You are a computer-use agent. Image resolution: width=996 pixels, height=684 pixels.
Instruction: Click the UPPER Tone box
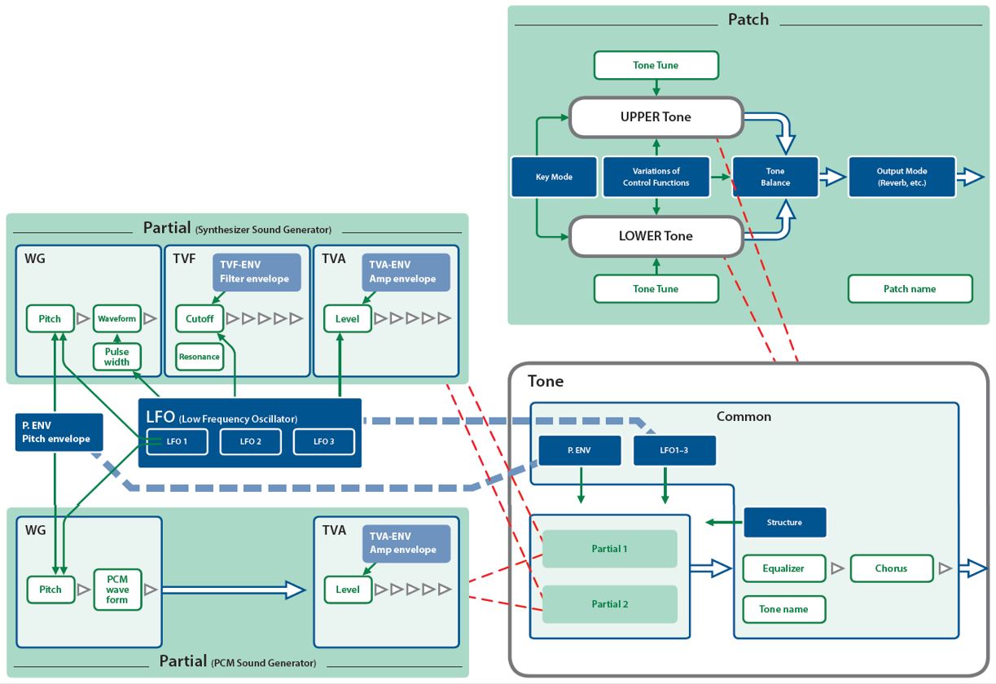pos(656,116)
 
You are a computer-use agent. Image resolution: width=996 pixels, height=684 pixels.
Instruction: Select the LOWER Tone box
pos(656,236)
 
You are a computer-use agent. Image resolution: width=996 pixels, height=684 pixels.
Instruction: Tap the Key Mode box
pos(554,177)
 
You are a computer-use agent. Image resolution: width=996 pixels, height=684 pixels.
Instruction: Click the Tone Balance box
pos(775,177)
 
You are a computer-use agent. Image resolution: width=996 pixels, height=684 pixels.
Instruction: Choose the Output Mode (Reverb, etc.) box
pos(902,177)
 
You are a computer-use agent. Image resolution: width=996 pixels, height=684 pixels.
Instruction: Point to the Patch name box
pos(910,288)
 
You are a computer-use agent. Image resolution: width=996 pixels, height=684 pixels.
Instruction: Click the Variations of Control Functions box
pos(656,177)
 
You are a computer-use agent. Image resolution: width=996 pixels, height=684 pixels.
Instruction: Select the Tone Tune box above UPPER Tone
pos(656,65)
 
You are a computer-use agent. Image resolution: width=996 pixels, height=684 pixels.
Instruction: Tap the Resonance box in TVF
pos(200,357)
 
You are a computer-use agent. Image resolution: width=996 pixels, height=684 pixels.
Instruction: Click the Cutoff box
pos(200,318)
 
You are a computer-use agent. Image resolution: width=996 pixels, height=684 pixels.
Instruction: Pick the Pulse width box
pos(116,357)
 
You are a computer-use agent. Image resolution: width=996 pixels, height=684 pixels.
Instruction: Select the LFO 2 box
pos(251,441)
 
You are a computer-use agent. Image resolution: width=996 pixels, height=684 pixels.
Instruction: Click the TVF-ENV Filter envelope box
pos(254,272)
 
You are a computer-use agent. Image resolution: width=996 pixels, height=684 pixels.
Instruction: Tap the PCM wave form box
pos(116,589)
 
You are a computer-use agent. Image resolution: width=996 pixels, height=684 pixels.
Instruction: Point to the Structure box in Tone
pos(784,522)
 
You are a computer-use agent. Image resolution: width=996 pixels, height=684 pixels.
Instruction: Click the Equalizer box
pos(783,568)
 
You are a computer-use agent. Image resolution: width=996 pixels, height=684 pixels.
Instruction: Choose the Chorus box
pos(891,568)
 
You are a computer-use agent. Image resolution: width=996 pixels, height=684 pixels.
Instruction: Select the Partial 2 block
pos(609,604)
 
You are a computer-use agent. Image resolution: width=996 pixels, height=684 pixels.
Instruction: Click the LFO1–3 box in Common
pos(674,449)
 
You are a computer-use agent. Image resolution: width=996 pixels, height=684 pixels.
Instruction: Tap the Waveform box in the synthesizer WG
pos(116,318)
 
